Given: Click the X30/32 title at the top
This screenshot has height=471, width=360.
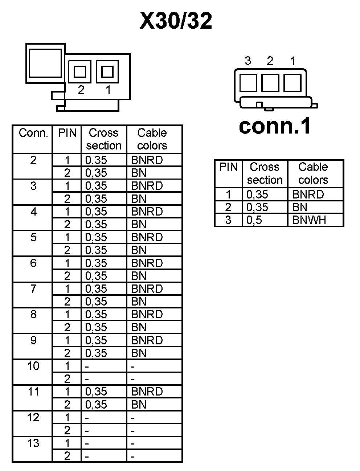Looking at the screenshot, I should pos(176,21).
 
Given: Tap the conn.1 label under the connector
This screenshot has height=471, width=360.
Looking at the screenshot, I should pos(275,126).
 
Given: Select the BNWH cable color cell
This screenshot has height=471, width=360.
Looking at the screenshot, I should pos(309,220).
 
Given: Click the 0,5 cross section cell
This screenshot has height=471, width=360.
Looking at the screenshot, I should pos(254,220).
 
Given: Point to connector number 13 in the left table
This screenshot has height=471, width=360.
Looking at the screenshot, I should pos(33,443).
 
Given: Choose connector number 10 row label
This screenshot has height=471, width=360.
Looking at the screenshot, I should pos(33,366).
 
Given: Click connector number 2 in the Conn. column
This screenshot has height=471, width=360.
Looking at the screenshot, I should pos(33,160).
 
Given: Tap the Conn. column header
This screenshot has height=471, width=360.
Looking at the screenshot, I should pos(33,133).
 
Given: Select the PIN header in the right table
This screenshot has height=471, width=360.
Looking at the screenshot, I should pos(228,167).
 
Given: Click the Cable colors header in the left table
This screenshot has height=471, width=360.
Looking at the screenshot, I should pos(152,139).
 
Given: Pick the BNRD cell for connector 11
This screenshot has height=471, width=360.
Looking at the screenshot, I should pos(147,392).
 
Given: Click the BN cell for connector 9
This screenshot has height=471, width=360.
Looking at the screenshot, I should pos(139,353).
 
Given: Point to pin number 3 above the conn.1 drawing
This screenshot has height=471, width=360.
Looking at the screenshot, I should pos(248,61).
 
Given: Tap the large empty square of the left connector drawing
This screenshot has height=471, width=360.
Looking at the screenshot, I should pos(45,63).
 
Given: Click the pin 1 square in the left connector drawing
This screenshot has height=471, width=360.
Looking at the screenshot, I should pos(107,71).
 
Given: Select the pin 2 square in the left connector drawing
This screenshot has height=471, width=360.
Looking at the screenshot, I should pos(80,71).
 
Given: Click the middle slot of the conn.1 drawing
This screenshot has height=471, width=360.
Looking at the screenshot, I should pos(270,83).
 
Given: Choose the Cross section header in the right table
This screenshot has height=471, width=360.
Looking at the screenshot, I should pos(265,173).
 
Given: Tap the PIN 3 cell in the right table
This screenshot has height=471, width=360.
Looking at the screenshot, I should pos(228,220).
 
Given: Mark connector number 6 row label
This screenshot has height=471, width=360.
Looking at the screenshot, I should pos(33,263).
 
